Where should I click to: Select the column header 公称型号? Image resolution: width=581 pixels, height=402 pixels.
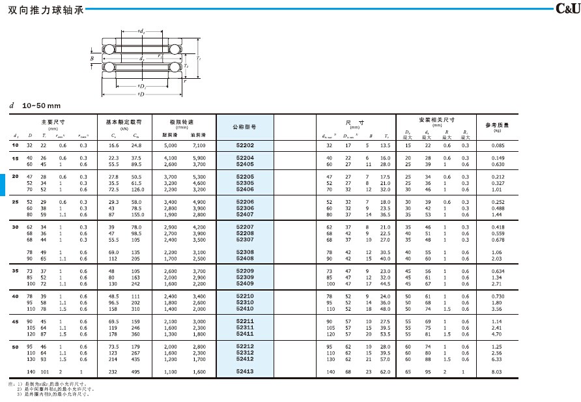[x=244, y=127]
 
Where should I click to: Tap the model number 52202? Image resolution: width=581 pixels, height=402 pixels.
[x=245, y=145]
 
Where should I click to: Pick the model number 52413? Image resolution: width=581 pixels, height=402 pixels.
[x=245, y=371]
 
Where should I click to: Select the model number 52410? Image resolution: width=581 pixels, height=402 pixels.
[x=245, y=308]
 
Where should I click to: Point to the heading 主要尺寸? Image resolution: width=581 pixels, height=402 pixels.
[x=53, y=122]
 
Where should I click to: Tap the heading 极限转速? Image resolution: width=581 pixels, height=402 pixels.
[x=182, y=122]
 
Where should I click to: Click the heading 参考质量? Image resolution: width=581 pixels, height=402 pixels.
[x=498, y=124]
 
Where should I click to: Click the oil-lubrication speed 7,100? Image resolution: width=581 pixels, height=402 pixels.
[x=199, y=145]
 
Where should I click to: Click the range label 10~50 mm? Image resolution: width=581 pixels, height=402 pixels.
[x=41, y=106]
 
